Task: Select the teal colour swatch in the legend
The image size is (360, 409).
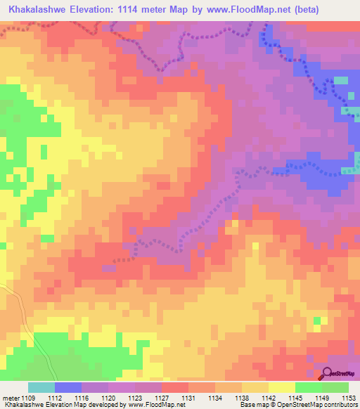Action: pyautogui.click(x=41, y=388)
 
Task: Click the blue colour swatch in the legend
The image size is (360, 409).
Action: pyautogui.click(x=67, y=388)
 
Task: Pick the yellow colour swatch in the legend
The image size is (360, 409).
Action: pyautogui.click(x=281, y=388)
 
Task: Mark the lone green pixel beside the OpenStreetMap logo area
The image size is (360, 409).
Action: pyautogui.click(x=317, y=321)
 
